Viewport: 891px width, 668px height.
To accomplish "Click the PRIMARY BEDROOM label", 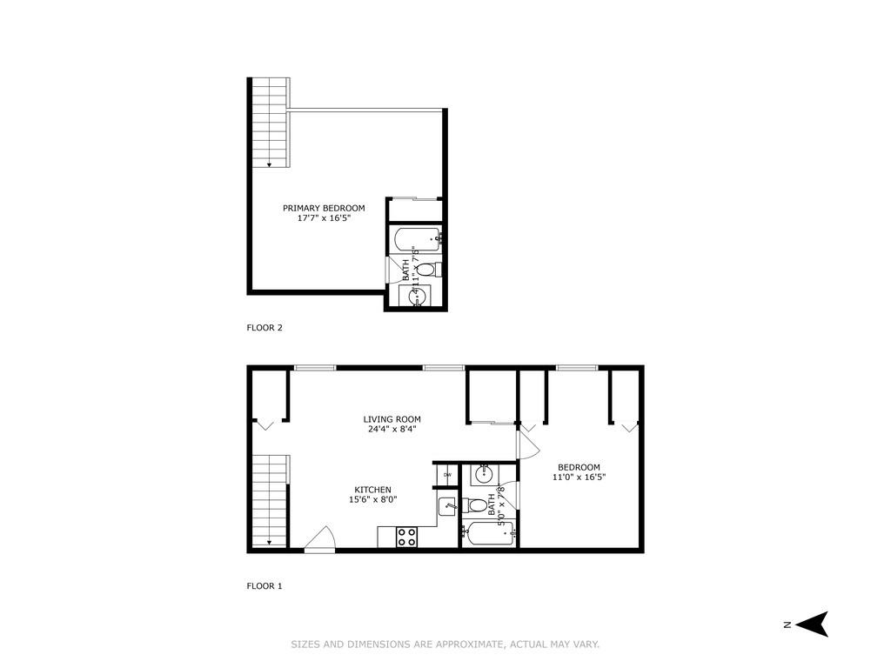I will [324, 208].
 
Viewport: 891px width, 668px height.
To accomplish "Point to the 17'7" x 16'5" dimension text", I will [324, 218].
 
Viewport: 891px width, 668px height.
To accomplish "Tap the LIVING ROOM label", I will [392, 419].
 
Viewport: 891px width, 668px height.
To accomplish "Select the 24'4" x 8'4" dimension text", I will [392, 430].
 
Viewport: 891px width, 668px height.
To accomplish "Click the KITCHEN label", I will [372, 490].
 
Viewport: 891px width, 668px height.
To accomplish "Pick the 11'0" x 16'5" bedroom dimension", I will [579, 477].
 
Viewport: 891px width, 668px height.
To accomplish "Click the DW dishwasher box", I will [446, 474].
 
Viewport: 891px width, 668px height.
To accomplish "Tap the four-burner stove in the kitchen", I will [406, 537].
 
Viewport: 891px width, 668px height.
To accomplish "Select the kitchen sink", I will [446, 504].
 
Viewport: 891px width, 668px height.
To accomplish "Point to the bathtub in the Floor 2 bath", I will [417, 237].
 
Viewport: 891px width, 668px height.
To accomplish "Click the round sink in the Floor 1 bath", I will [484, 476].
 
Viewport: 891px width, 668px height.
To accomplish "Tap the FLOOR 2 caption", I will [265, 328].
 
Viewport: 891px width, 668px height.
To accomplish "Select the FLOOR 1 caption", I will [265, 586].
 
